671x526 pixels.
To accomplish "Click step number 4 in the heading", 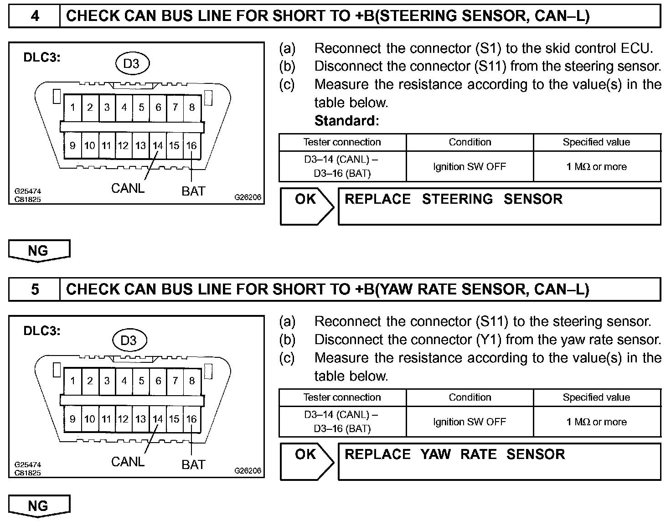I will coord(35,16).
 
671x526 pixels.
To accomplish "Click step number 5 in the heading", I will coord(35,290).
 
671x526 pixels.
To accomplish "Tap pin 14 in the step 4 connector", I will coord(158,146).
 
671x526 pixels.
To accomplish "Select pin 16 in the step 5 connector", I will coord(191,419).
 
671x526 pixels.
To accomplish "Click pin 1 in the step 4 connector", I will coord(73,108).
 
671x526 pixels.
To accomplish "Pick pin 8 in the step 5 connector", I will coord(192,381).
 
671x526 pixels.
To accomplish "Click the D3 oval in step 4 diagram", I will coord(131,64).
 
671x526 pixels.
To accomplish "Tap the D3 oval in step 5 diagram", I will coord(129,340).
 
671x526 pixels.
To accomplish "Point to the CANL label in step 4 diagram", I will coord(128,188).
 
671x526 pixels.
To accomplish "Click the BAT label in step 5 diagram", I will coord(193,465).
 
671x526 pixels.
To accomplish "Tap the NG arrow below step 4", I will coord(38,251).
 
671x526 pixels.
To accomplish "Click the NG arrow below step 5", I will coord(38,506).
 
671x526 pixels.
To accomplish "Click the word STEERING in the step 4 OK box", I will coord(457,199).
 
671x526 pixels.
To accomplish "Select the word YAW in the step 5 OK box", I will coord(435,454).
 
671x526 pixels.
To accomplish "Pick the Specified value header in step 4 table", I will coord(596,142).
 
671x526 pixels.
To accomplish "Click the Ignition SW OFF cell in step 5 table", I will coord(470,422).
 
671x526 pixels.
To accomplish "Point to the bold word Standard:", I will coord(347,121).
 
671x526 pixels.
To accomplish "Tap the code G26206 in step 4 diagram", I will coord(248,198).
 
